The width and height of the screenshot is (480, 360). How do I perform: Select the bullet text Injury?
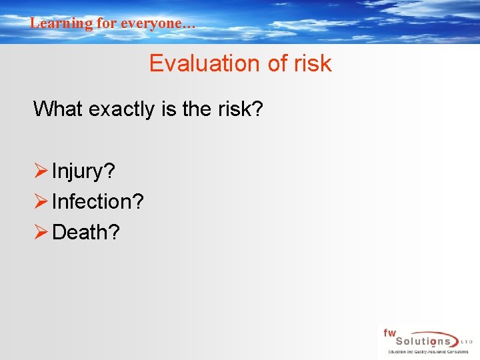(x=83, y=171)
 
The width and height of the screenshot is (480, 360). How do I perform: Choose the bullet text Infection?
(x=97, y=201)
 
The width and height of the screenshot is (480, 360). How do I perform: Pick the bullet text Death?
(x=86, y=232)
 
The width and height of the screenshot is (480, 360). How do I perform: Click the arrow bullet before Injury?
(x=41, y=171)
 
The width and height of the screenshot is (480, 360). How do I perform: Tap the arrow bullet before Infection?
(x=41, y=201)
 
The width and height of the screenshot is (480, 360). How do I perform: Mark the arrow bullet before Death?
(x=41, y=232)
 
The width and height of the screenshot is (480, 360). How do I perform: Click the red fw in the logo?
(x=389, y=333)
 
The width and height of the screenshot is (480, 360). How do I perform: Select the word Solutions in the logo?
(x=421, y=341)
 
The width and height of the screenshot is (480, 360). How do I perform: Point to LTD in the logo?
(x=466, y=341)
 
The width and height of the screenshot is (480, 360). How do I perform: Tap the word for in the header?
(x=107, y=23)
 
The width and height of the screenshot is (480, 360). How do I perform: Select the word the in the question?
(x=196, y=108)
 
